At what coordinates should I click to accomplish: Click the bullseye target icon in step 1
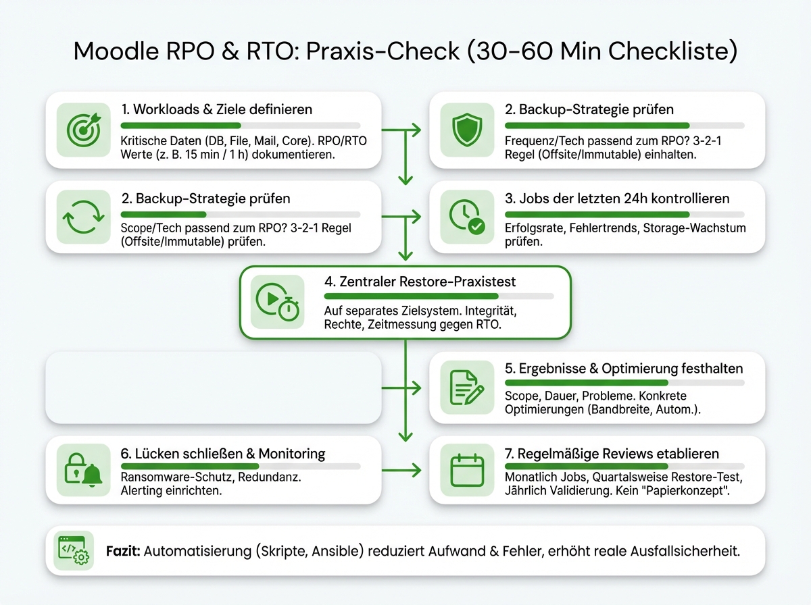80,129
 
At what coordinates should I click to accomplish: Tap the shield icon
464,129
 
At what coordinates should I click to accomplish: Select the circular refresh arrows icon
80,217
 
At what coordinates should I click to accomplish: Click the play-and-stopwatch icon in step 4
274,302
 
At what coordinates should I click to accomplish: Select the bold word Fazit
124,551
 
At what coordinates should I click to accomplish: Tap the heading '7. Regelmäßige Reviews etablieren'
612,453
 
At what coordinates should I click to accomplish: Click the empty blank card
213,387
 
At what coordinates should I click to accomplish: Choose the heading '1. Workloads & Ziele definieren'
216,109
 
